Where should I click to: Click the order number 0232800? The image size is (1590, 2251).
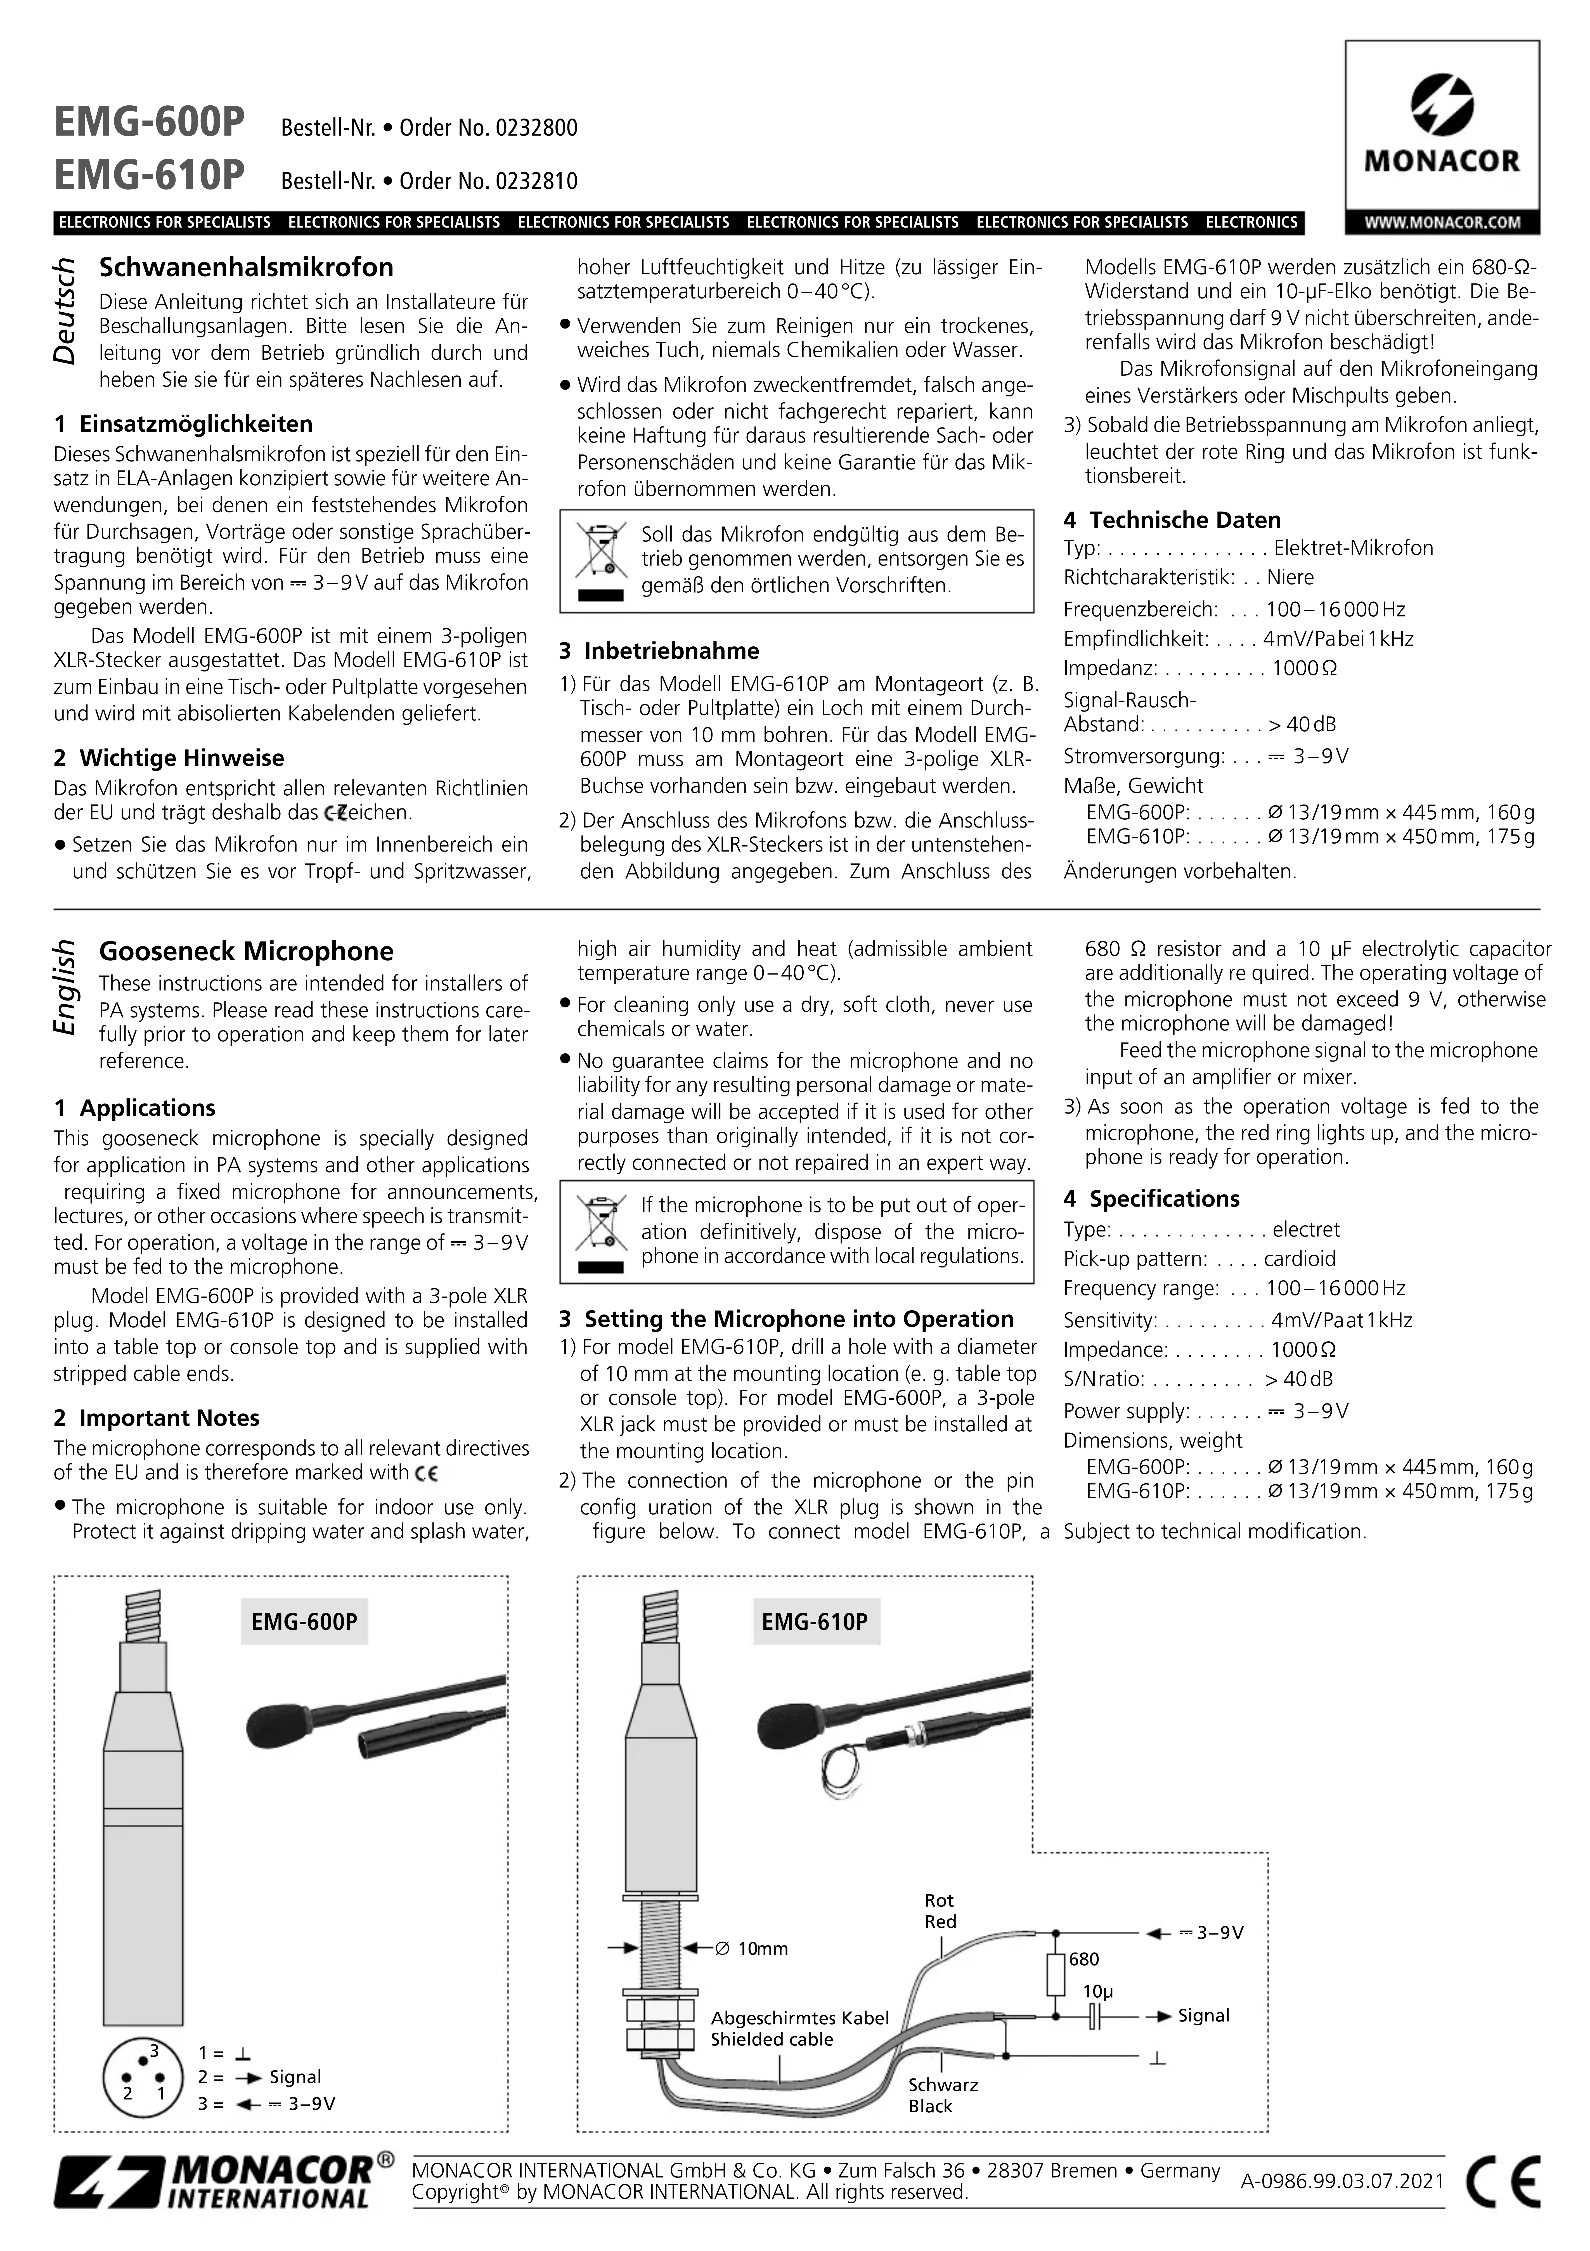point(537,128)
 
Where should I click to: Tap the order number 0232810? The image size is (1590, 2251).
point(537,181)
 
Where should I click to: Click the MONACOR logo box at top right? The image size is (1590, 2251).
point(1441,137)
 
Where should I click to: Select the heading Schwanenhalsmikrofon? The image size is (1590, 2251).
point(246,268)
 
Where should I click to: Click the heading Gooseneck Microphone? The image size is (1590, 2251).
point(246,951)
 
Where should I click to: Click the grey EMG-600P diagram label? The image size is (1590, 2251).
point(304,1622)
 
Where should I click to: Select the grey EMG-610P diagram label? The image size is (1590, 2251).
point(815,1622)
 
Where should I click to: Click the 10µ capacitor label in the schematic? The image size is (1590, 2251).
point(1098,1992)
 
